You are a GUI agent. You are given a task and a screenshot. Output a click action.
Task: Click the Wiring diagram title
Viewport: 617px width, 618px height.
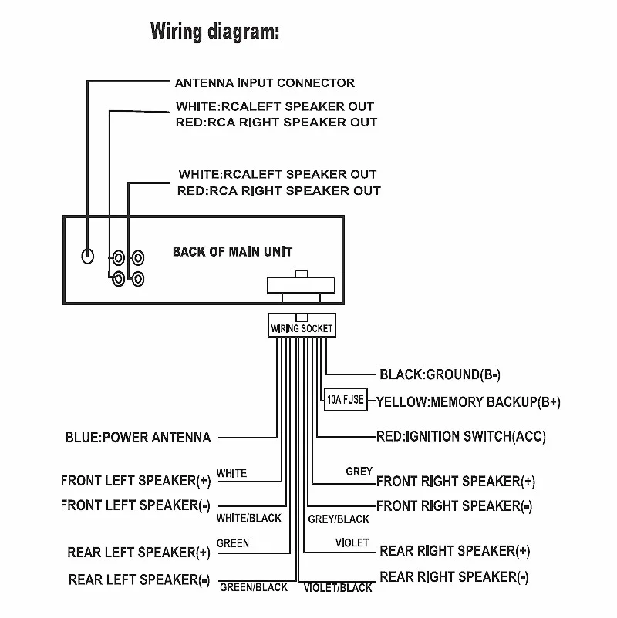point(214,32)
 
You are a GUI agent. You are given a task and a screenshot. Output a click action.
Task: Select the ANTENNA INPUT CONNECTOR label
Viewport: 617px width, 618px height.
point(265,82)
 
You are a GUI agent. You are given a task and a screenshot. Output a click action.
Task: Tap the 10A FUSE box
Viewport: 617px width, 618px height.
point(345,400)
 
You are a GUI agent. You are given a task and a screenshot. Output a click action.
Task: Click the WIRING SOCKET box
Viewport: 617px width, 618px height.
point(302,328)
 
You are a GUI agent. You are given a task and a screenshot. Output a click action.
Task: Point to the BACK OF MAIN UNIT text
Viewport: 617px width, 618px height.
point(232,252)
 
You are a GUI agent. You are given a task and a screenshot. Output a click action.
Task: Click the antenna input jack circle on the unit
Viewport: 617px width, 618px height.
point(89,256)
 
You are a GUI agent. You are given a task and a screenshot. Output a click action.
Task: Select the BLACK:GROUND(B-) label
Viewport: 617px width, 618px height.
point(440,374)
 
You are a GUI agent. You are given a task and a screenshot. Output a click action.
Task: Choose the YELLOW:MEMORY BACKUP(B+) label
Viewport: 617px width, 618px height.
point(468,401)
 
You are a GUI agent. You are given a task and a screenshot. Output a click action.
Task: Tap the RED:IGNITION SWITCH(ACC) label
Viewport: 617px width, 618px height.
point(460,436)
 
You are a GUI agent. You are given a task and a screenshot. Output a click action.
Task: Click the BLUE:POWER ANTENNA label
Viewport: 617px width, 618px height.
point(138,438)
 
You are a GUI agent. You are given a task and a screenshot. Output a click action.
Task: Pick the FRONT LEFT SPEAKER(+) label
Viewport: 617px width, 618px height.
point(136,481)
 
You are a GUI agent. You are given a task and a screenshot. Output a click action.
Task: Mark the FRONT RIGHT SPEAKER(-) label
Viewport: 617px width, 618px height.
point(454,506)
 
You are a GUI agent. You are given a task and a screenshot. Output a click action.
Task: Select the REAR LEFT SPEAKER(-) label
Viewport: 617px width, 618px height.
point(140,579)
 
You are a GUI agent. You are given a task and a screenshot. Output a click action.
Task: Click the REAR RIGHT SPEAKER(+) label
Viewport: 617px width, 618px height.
point(454,551)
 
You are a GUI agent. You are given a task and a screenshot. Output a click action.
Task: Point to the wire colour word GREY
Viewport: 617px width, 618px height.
point(359,471)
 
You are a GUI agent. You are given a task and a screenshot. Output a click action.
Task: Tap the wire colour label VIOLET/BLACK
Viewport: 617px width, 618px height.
point(338,588)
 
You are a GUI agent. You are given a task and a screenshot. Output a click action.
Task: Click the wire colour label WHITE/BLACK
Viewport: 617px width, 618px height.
point(249,518)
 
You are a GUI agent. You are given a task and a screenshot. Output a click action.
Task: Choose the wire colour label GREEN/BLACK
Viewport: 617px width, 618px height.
point(254,587)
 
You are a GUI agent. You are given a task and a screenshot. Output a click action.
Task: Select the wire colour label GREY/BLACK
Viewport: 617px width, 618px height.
point(339,519)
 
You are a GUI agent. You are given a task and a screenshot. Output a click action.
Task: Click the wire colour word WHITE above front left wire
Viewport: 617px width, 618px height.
point(232,472)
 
